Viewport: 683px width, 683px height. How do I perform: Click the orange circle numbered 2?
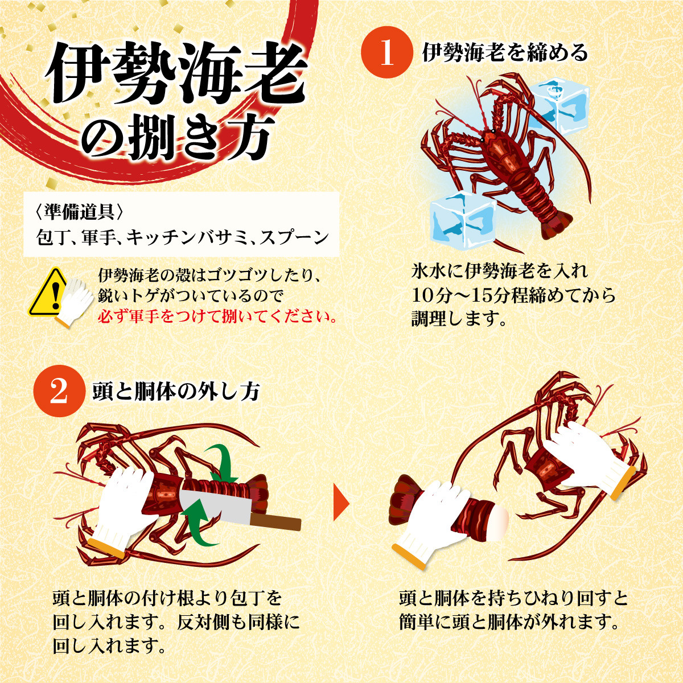tap(59, 391)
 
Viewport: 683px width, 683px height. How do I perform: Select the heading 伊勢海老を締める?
tap(505, 52)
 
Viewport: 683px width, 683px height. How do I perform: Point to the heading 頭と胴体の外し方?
tap(176, 392)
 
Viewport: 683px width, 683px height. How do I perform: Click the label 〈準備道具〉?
tap(79, 211)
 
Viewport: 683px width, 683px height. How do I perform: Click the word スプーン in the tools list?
tap(294, 237)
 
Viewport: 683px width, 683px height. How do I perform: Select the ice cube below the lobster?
tap(463, 220)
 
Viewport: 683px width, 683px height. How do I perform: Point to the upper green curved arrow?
tap(220, 463)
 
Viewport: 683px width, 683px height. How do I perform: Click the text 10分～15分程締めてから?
tap(513, 295)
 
